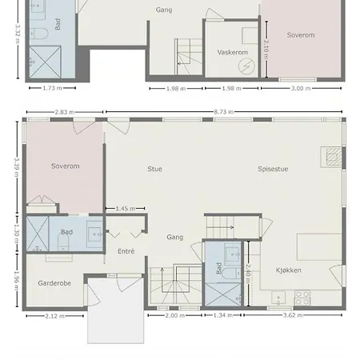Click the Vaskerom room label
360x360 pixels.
tap(233, 52)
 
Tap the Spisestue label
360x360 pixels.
tap(273, 169)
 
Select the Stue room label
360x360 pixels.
tap(155, 169)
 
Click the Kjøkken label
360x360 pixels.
tap(289, 270)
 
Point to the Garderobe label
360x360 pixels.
tap(54, 283)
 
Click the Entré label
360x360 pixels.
tap(126, 251)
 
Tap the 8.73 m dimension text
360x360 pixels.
tap(224, 112)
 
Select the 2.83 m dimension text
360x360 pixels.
tap(65, 112)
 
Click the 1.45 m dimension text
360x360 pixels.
tap(126, 209)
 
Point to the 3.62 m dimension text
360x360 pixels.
tap(293, 315)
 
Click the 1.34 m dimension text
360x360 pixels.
tap(223, 315)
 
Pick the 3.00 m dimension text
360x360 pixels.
tap(301, 89)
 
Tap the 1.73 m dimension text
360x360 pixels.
tap(53, 88)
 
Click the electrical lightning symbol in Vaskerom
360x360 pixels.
tap(246, 66)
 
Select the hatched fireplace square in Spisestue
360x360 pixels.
tap(334, 157)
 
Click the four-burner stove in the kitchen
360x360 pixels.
tap(302, 298)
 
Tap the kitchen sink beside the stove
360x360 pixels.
tap(278, 298)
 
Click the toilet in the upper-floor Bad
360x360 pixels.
tap(38, 34)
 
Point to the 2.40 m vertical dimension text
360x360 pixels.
tap(248, 274)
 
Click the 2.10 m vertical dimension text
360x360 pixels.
tap(266, 50)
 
